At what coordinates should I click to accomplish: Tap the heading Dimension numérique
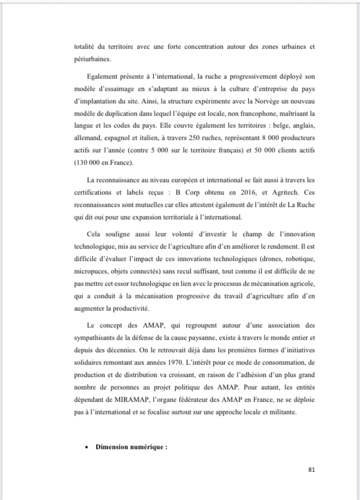[132, 447]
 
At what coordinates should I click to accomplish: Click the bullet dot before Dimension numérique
[84, 448]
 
